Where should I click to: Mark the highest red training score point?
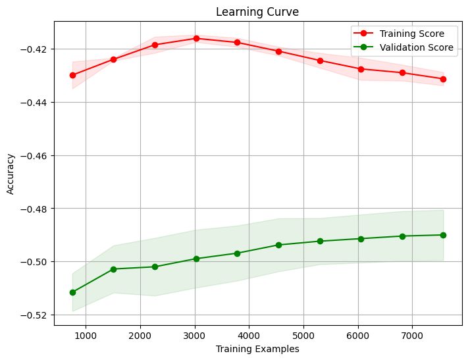point(196,38)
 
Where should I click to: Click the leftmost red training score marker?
point(72,75)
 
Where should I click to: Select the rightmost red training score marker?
point(443,79)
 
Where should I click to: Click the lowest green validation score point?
point(72,292)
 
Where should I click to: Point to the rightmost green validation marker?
point(443,235)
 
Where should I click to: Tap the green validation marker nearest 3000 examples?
point(196,259)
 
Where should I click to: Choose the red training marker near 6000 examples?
point(361,69)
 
